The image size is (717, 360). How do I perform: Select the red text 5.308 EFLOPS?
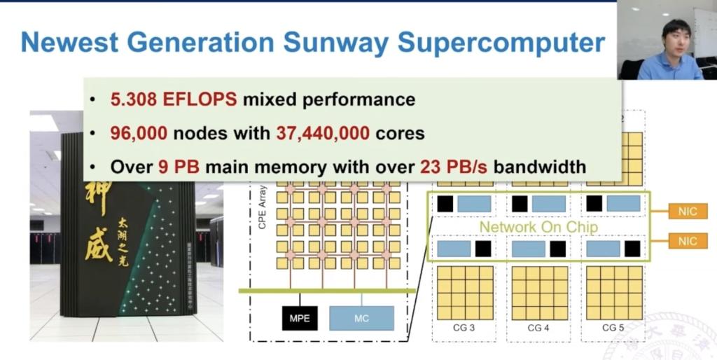[x=173, y=99]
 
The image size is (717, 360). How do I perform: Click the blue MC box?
[x=361, y=319]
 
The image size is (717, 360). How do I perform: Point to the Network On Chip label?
[x=539, y=227]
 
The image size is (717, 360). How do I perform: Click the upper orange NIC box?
[x=688, y=212]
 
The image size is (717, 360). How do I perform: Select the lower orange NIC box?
[x=688, y=241]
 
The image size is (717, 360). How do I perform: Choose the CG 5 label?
[x=613, y=328]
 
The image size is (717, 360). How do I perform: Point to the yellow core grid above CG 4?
[x=539, y=293]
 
